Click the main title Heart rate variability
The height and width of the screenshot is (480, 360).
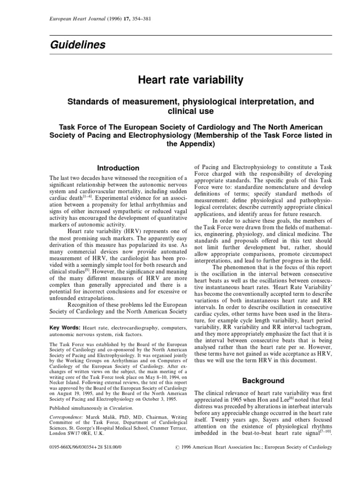pyautogui.click(x=190, y=80)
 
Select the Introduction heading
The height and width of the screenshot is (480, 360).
pyautogui.click(x=118, y=168)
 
